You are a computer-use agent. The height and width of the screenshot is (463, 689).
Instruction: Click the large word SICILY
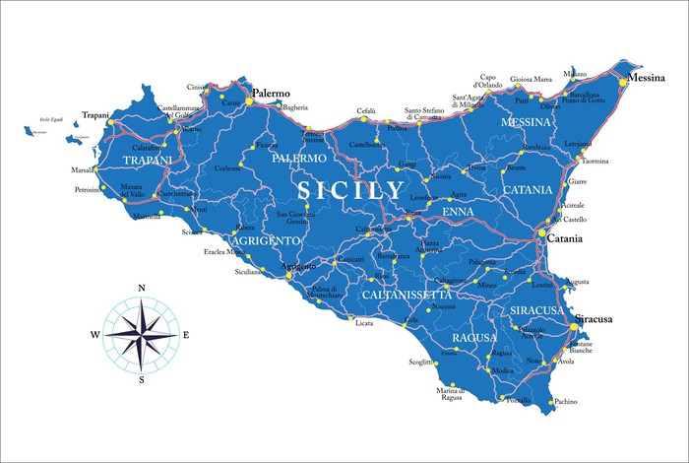click(x=352, y=189)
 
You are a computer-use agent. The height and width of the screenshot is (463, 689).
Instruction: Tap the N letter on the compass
click(x=142, y=288)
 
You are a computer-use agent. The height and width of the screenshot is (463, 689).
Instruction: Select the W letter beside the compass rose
click(x=95, y=335)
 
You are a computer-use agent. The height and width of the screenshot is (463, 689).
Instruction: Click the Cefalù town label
click(x=366, y=111)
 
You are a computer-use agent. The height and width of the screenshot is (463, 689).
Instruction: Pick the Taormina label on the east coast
click(x=595, y=161)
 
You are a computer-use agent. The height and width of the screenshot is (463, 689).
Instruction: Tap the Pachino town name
click(x=566, y=402)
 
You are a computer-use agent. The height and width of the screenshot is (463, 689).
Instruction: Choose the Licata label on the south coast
click(x=364, y=323)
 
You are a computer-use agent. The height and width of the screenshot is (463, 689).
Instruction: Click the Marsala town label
click(x=84, y=169)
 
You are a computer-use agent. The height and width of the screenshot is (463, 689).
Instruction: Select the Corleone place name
click(x=227, y=167)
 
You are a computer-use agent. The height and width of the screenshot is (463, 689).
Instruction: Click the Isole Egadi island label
click(x=51, y=119)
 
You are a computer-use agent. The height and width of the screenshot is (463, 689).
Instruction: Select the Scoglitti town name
click(x=421, y=363)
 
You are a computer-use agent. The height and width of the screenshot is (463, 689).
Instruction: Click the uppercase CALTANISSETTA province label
click(x=407, y=295)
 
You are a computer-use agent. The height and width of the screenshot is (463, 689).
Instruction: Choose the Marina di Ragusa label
click(x=450, y=395)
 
